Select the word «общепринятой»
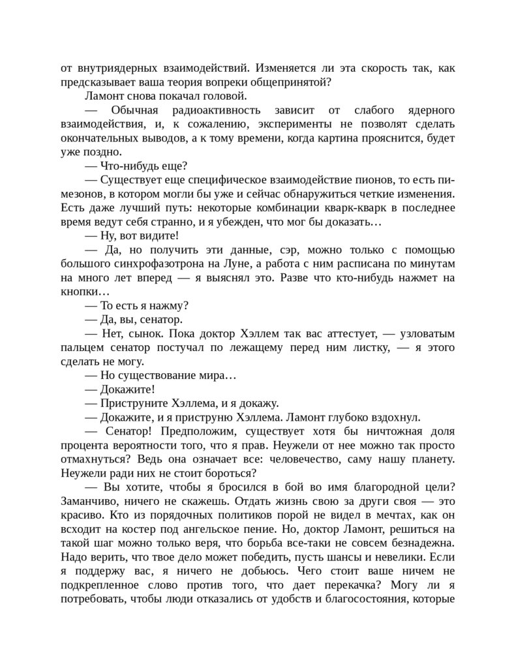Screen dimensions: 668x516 tap(297, 82)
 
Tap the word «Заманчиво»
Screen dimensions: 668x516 tap(87, 503)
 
